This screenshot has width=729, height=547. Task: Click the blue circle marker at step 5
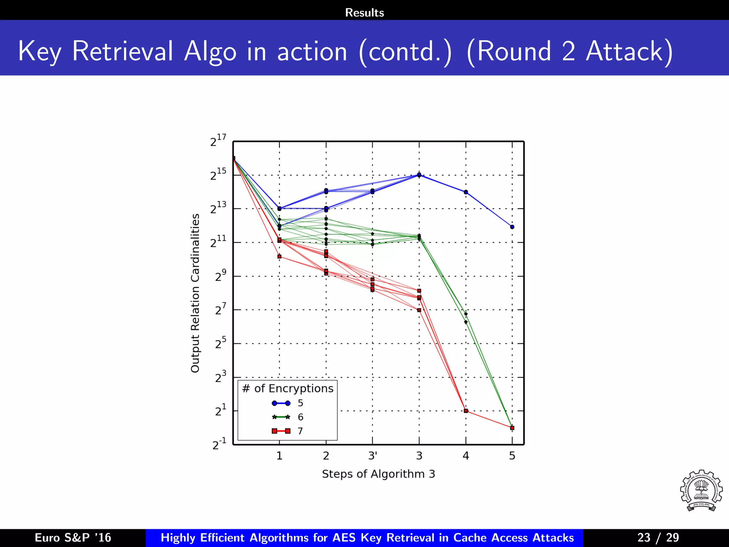(512, 227)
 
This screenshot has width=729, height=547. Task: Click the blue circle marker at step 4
(466, 192)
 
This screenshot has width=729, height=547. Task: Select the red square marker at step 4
(466, 411)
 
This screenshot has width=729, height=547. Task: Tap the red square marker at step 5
(512, 428)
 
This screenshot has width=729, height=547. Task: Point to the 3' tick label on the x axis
(373, 455)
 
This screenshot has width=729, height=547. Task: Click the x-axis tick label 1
(279, 455)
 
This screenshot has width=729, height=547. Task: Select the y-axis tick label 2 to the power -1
(219, 444)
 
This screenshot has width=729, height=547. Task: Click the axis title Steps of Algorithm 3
(378, 474)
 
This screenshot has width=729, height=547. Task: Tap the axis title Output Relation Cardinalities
(195, 293)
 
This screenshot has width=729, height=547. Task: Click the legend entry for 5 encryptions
(287, 403)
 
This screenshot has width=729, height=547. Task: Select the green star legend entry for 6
(287, 417)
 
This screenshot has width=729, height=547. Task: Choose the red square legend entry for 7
(287, 431)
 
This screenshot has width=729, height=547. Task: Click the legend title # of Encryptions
(288, 388)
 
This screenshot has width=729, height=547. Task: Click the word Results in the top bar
(364, 12)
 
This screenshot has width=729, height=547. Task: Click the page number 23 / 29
(658, 537)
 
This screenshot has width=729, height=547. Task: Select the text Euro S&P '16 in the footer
(73, 537)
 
